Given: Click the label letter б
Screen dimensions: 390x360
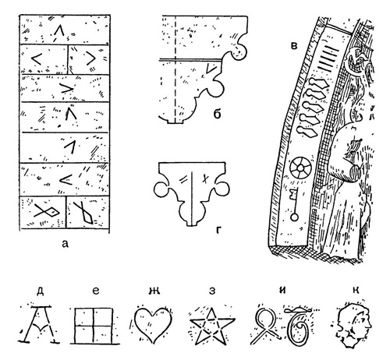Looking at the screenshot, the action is click(217, 114).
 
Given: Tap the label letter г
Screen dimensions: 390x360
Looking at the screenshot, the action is click(218, 230).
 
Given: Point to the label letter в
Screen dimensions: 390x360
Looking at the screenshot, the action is click(294, 46).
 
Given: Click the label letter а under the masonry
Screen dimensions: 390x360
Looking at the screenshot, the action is click(65, 244).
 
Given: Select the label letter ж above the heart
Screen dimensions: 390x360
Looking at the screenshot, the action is click(154, 291).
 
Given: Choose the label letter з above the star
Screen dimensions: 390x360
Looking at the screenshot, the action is click(212, 291).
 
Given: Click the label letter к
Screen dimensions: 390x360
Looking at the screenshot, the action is click(356, 291).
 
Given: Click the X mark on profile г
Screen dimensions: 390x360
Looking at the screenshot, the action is click(205, 178).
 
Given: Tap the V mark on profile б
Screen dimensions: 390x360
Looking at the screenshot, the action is click(210, 69).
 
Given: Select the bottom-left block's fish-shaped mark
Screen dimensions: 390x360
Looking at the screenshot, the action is click(47, 211).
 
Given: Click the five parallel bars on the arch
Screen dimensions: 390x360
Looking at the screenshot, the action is click(330, 57).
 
